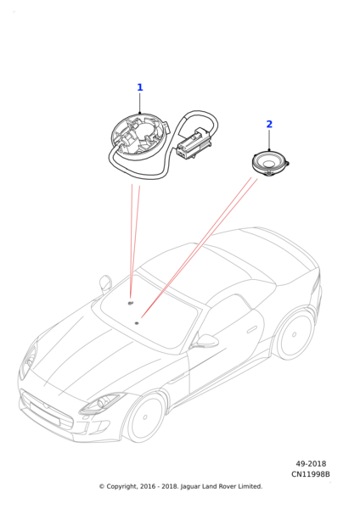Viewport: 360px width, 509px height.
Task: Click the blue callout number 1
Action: point(140,87)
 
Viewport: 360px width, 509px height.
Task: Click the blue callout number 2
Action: point(269,124)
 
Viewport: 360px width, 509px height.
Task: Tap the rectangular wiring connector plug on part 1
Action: point(194,144)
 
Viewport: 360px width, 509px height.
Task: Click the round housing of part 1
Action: point(140,137)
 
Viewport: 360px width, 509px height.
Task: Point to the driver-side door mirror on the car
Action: point(205,342)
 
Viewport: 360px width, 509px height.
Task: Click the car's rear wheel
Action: point(295,335)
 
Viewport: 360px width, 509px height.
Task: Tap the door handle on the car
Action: point(253,329)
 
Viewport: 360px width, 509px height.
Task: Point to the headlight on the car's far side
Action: point(28,361)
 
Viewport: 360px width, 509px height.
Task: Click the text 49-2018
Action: point(311,464)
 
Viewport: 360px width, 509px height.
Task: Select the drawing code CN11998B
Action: point(310,474)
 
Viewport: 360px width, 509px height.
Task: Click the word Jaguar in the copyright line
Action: point(190,487)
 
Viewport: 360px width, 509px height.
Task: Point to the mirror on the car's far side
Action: point(105,282)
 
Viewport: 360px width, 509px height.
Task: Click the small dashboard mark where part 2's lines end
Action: point(137,323)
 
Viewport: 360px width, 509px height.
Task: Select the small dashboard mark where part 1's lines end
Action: point(131,303)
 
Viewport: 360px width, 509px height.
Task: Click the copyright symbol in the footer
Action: point(102,487)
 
